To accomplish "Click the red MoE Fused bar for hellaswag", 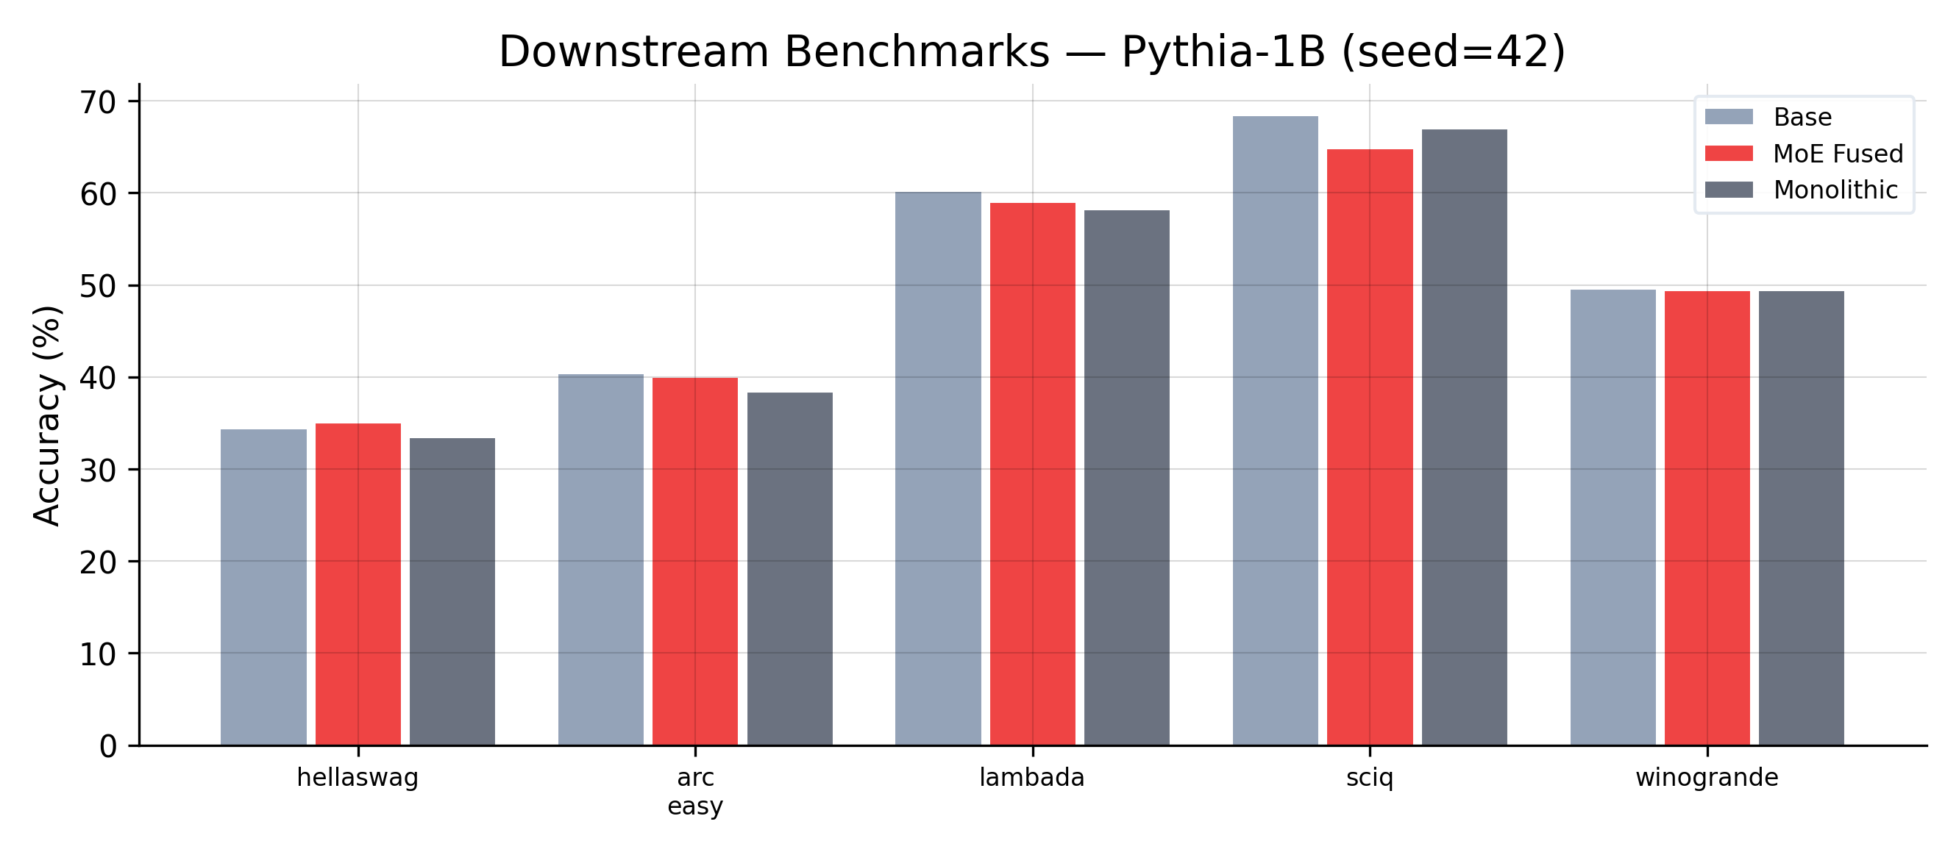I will pos(358,584).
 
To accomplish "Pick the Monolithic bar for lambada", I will pos(1127,478).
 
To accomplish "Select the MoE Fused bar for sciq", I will pos(1370,448).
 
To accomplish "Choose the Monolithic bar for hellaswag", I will pos(452,592).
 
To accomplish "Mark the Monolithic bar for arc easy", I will pos(789,569).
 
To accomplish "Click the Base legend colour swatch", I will pos(1729,117).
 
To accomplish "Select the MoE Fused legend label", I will pos(1838,154).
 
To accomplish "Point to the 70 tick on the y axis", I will pos(98,103).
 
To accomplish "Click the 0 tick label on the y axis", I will pos(108,746).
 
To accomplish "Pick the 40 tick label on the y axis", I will pos(98,379).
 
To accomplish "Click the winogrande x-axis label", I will pos(1707,778).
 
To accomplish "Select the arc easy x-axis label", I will pos(695,791).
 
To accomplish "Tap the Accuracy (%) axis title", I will pos(47,416).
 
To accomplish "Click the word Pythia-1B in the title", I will pos(1223,52).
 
